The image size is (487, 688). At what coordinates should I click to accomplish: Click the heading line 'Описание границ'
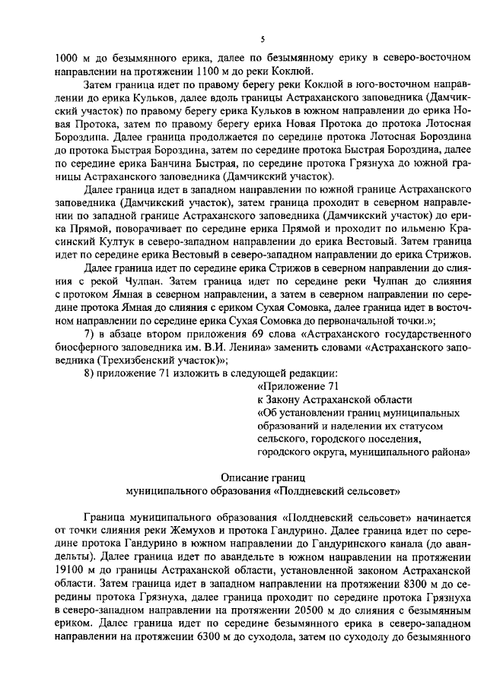click(263, 477)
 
